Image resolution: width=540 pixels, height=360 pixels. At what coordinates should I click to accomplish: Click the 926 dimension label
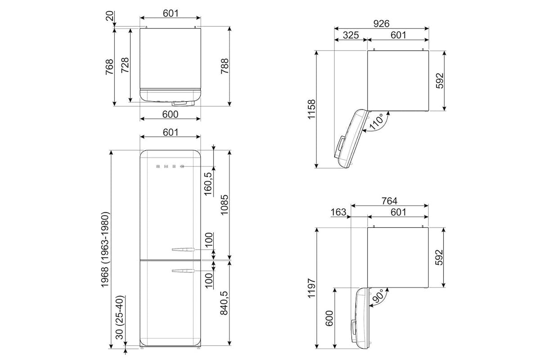382,24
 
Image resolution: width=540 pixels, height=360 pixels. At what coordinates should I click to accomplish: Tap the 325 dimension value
351,35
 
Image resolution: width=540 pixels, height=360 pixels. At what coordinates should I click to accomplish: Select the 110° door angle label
377,122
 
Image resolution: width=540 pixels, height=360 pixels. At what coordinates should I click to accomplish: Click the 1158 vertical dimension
311,109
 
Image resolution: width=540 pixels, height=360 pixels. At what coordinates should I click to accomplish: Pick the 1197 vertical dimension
311,288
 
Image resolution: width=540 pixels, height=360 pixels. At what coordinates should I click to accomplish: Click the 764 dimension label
389,201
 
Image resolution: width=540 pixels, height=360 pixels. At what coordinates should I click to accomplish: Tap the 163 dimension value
338,212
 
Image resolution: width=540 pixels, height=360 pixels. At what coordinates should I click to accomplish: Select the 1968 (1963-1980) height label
105,250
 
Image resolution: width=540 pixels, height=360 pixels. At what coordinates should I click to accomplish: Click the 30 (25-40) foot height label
120,317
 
